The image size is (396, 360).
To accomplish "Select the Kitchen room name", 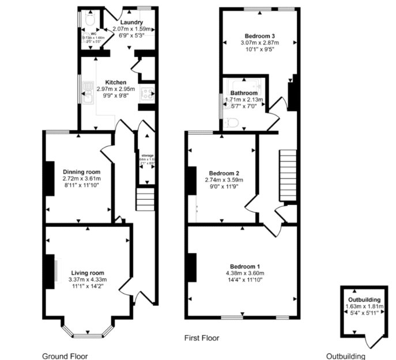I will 115,82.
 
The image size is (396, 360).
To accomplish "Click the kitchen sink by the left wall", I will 88,93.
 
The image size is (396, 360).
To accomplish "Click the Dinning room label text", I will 82,172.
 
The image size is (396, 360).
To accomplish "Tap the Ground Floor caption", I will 66,356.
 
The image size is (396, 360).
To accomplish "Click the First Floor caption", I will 201,338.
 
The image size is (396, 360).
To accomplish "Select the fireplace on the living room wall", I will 52,270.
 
